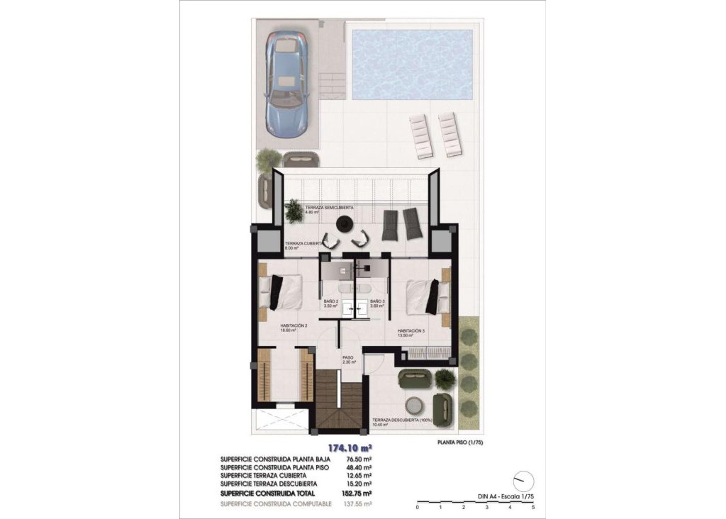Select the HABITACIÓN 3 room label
point(411,332)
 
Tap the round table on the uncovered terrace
point(414,406)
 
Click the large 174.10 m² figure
point(350,448)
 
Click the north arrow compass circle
point(522,480)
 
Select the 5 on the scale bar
point(532,507)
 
